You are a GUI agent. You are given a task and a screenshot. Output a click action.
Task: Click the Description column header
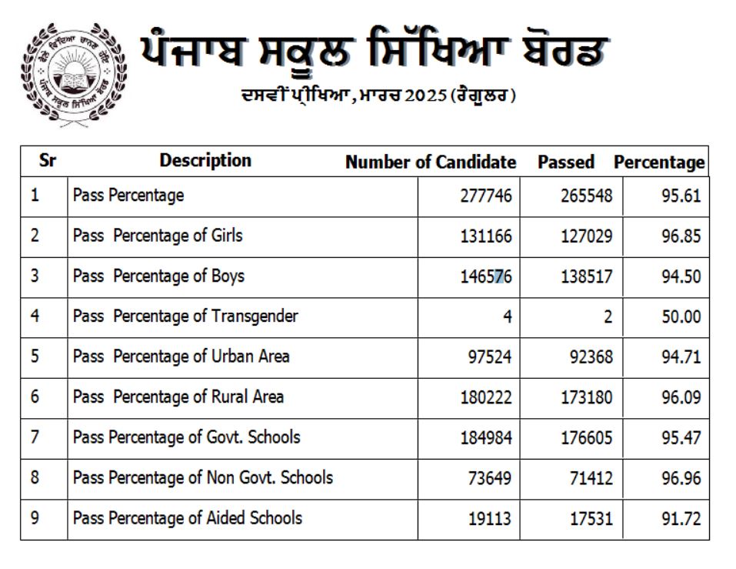point(205,161)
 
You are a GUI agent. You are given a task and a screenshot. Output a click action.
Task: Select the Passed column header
point(566,162)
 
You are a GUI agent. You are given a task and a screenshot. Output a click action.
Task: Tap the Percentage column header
point(659,162)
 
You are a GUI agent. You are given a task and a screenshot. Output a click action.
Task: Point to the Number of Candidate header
point(431,162)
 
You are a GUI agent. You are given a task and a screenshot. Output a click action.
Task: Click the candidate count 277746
point(485,196)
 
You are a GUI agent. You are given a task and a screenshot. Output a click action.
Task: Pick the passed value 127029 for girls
point(586,236)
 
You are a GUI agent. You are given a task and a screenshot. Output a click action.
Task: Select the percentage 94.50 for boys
point(681,276)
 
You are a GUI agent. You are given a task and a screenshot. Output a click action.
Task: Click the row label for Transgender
point(185,316)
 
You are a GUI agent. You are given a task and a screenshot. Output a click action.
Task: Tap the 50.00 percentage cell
point(681,316)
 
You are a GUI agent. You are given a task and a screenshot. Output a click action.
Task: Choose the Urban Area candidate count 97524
point(489,357)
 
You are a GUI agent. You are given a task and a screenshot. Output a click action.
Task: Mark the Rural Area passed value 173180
point(586,398)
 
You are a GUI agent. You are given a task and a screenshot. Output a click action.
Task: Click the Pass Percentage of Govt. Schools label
point(186,437)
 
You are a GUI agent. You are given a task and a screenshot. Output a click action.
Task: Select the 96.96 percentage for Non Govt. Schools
point(681,478)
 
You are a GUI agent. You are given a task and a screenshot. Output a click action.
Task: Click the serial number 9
point(35,517)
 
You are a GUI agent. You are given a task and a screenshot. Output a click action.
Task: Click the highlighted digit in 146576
point(499,276)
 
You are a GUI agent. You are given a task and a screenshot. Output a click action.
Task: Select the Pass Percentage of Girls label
point(157,236)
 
